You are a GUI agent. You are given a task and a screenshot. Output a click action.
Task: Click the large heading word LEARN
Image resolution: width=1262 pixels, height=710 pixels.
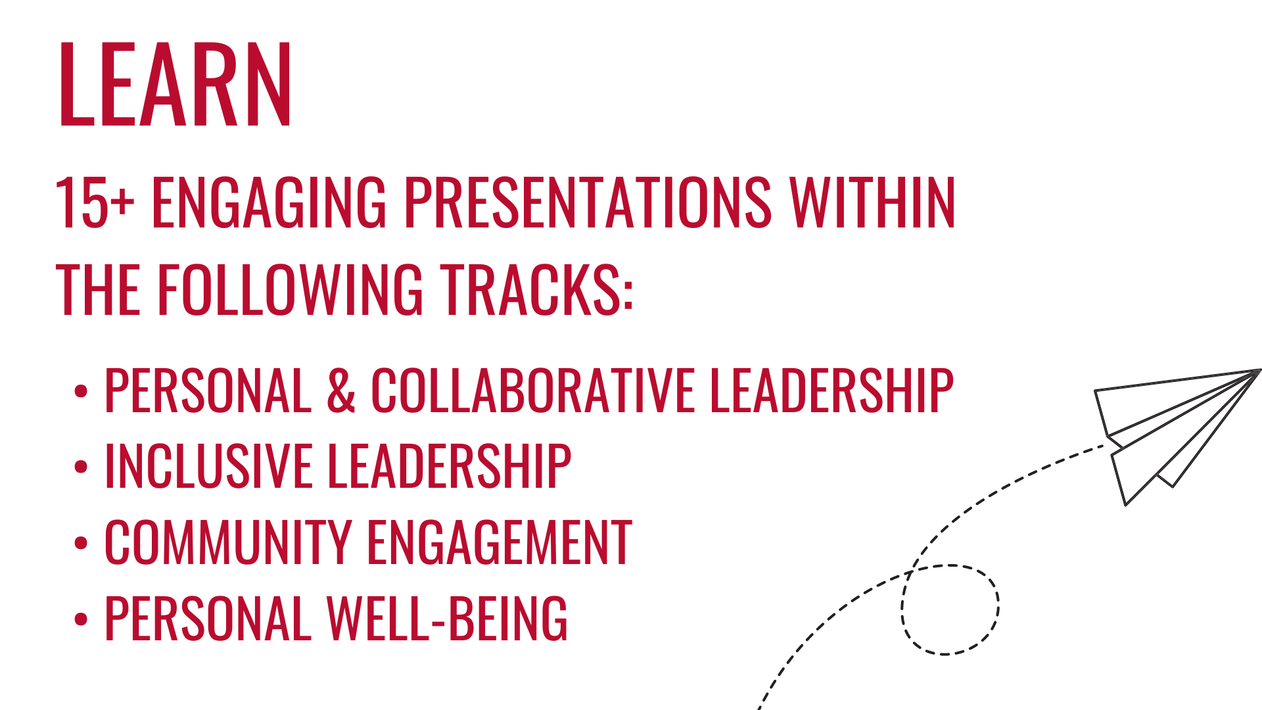pyautogui.click(x=175, y=84)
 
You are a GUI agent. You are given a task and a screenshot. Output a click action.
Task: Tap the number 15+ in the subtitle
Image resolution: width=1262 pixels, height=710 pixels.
pyautogui.click(x=94, y=203)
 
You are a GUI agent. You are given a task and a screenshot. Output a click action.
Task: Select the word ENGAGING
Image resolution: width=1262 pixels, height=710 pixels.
pyautogui.click(x=269, y=203)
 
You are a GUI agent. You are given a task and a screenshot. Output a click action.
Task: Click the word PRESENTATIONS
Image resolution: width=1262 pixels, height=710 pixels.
pyautogui.click(x=587, y=203)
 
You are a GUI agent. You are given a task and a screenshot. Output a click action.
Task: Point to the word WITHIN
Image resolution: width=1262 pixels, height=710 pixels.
pyautogui.click(x=872, y=203)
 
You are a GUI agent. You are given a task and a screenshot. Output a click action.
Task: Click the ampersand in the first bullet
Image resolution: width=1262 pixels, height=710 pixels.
pyautogui.click(x=340, y=390)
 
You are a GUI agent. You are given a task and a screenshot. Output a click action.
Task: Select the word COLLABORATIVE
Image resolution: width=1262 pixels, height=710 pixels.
pyautogui.click(x=532, y=390)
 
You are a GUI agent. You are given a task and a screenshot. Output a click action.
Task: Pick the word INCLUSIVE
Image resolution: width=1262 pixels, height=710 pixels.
pyautogui.click(x=208, y=466)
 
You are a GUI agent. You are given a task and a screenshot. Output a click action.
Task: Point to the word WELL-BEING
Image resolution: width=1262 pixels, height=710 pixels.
pyautogui.click(x=447, y=619)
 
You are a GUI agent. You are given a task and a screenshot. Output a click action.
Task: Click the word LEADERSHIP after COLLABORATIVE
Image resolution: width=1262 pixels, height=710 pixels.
pyautogui.click(x=831, y=390)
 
